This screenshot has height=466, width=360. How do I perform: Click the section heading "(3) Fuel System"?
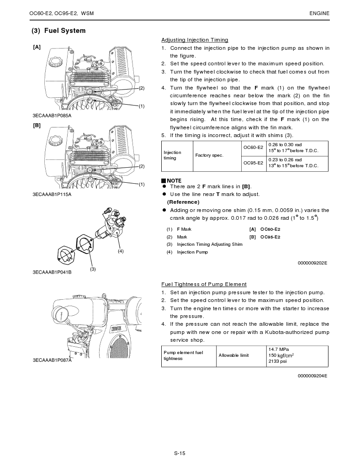coord(58,31)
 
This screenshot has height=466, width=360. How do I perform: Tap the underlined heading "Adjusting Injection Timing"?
coord(195,40)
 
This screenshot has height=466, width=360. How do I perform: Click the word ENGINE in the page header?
coord(319,13)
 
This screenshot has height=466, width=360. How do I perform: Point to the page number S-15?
coord(180,453)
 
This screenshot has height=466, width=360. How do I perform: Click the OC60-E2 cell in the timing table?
coord(253,148)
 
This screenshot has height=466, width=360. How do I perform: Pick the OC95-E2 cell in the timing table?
coord(253,163)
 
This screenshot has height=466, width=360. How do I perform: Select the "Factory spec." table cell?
coord(209,155)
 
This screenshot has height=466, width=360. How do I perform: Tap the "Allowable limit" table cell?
coord(233,355)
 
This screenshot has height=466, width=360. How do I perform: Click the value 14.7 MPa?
coord(279,349)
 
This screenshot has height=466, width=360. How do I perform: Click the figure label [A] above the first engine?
coord(37,47)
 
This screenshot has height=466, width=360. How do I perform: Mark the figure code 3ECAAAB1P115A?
coord(52,194)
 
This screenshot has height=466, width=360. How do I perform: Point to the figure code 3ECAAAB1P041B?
coord(52,272)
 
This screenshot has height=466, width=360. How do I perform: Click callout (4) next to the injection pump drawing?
coord(121,251)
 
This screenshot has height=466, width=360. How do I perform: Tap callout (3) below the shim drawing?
coord(92,269)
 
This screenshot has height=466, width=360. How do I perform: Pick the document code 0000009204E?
coord(312,376)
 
